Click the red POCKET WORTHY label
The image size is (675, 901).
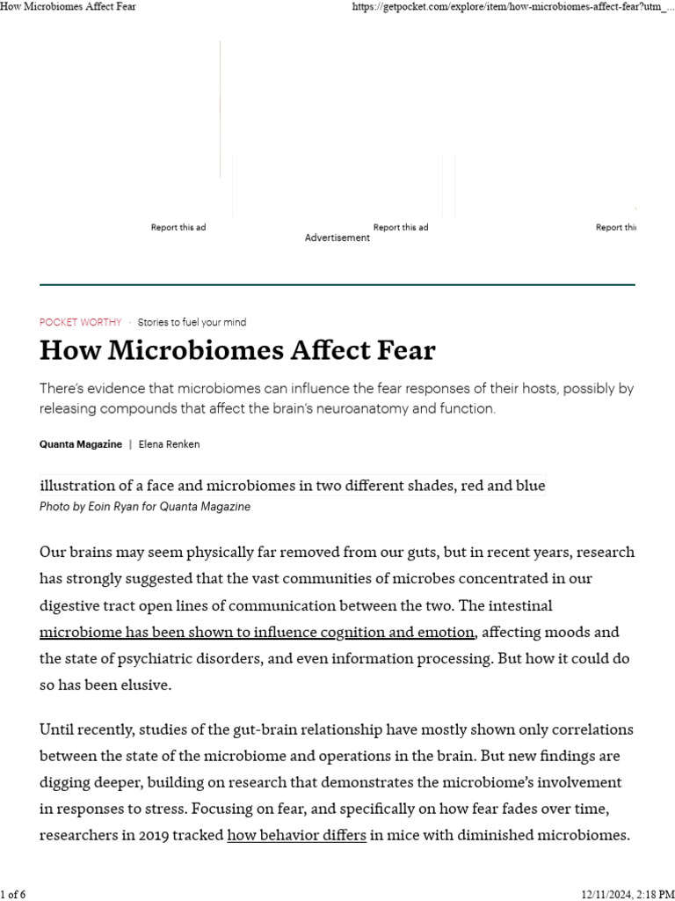pos(80,322)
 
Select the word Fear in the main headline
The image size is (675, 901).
pos(402,350)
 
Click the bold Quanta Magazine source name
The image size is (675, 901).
pos(81,444)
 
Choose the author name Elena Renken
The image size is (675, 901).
pos(170,444)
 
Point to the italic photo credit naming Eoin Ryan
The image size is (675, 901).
pos(145,507)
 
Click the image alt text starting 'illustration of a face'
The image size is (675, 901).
pos(292,486)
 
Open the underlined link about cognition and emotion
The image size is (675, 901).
pos(258,632)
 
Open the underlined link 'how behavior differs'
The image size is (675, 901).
pos(296,835)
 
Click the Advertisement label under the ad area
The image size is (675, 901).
pos(337,238)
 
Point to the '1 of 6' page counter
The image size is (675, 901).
pos(13,894)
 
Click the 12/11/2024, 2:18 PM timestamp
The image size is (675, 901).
pos(626,894)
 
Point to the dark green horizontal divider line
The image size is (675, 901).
pos(337,284)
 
